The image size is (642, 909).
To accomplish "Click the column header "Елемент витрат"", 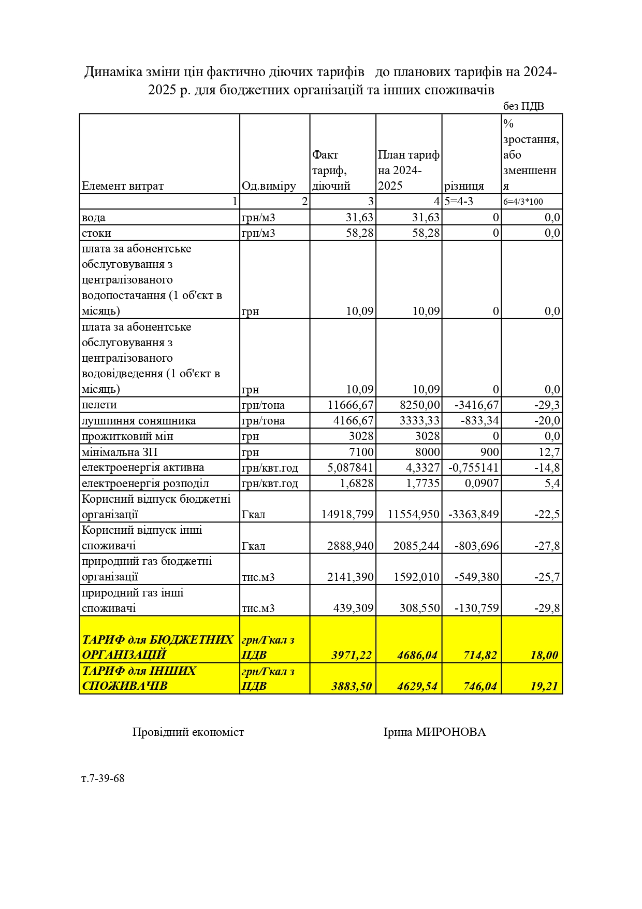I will coord(123,186).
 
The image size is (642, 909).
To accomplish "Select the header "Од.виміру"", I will coord(269,186).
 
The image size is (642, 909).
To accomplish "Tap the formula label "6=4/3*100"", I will coord(523,202).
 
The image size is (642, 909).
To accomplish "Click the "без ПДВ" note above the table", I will coord(523,106).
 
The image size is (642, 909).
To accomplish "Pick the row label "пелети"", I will coord(99,405).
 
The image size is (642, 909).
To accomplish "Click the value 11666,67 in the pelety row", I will coord(351,405).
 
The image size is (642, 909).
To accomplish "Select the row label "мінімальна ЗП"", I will coord(120,452).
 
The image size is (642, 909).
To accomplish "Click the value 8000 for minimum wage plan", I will coord(427,452).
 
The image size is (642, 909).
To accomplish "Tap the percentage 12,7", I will coord(549,452).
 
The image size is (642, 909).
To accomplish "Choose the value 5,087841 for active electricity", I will coord(350,467).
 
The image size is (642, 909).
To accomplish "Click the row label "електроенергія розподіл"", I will coord(145,483).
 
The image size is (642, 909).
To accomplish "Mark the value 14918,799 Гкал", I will coord(347,514).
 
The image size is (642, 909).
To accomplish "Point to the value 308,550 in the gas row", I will coord(419,608).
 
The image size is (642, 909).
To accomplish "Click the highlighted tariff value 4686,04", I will coord(417,655).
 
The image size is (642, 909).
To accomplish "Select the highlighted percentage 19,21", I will coord(544,686).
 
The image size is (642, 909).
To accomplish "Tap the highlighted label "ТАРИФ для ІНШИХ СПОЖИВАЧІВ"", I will coord(139,678).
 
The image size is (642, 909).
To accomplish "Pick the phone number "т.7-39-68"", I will coord(103,778).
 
